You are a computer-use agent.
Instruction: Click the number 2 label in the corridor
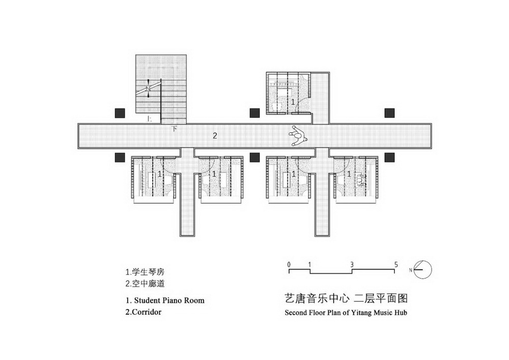215,135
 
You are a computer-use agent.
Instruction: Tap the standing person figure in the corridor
296,135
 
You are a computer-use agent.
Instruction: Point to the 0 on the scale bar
289,264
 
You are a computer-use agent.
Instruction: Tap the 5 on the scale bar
395,264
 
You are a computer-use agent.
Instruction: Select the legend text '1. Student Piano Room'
164,300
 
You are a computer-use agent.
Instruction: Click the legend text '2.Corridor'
144,312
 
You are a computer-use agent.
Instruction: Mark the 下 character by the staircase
175,129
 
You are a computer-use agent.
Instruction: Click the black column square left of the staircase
120,112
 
